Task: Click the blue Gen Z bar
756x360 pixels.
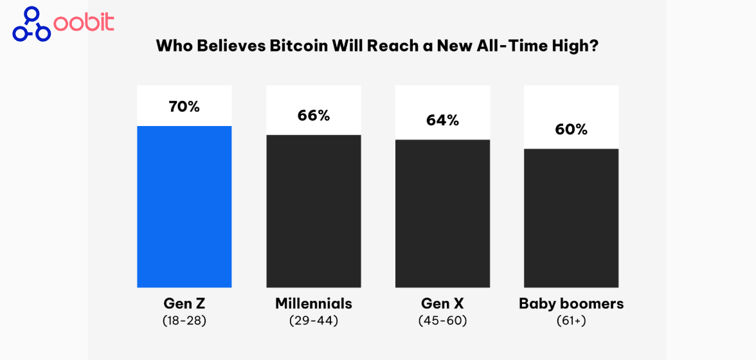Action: tap(184, 206)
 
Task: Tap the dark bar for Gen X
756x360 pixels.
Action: tap(442, 213)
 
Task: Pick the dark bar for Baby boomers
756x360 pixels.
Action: tap(571, 218)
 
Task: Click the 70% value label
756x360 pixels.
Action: tap(184, 107)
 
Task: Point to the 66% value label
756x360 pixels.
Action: tap(314, 116)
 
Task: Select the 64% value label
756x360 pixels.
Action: tap(442, 120)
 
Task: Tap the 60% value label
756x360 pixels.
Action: tap(571, 129)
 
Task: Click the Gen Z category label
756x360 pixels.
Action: tap(184, 303)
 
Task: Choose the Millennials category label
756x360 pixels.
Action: tap(314, 303)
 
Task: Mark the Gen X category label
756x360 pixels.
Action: tap(442, 303)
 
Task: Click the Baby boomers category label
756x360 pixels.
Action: tap(571, 303)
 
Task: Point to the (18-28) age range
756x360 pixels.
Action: tap(184, 319)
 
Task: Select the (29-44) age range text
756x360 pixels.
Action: tap(314, 319)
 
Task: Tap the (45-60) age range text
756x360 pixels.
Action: tap(442, 319)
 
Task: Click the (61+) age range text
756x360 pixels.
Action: tap(571, 319)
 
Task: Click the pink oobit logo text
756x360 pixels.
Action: tap(84, 23)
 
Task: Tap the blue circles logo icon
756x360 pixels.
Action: tap(31, 24)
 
